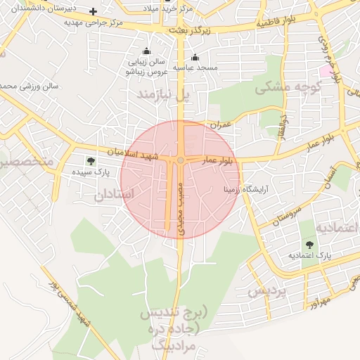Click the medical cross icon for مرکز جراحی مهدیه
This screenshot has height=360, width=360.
click(93, 12)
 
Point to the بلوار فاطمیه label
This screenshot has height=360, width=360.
click(277, 22)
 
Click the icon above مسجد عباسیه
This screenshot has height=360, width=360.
click(195, 57)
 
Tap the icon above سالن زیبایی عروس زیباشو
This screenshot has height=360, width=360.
click(146, 51)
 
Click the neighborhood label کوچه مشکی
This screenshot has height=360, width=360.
click(288, 88)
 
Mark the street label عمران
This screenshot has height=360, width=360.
click(219, 124)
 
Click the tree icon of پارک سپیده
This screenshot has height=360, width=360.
click(90, 161)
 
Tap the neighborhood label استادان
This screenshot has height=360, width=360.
click(113, 195)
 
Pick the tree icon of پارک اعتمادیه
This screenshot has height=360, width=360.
click(310, 244)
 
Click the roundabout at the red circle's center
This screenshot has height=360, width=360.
click(181, 161)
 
